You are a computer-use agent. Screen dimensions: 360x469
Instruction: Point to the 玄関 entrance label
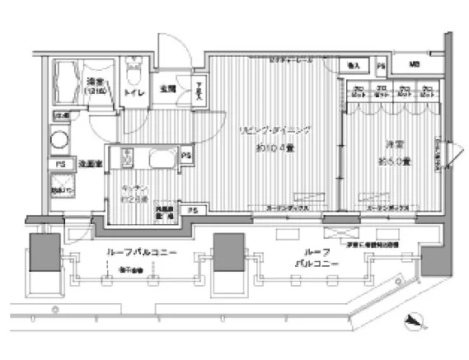click(x=167, y=89)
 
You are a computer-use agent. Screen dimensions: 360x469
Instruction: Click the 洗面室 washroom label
click(x=89, y=163)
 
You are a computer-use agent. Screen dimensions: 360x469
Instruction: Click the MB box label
click(x=414, y=64)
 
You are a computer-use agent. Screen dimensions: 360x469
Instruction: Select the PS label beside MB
click(x=380, y=65)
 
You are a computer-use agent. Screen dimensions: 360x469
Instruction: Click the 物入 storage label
click(x=354, y=64)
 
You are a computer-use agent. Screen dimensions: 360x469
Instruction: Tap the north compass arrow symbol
click(x=412, y=322)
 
